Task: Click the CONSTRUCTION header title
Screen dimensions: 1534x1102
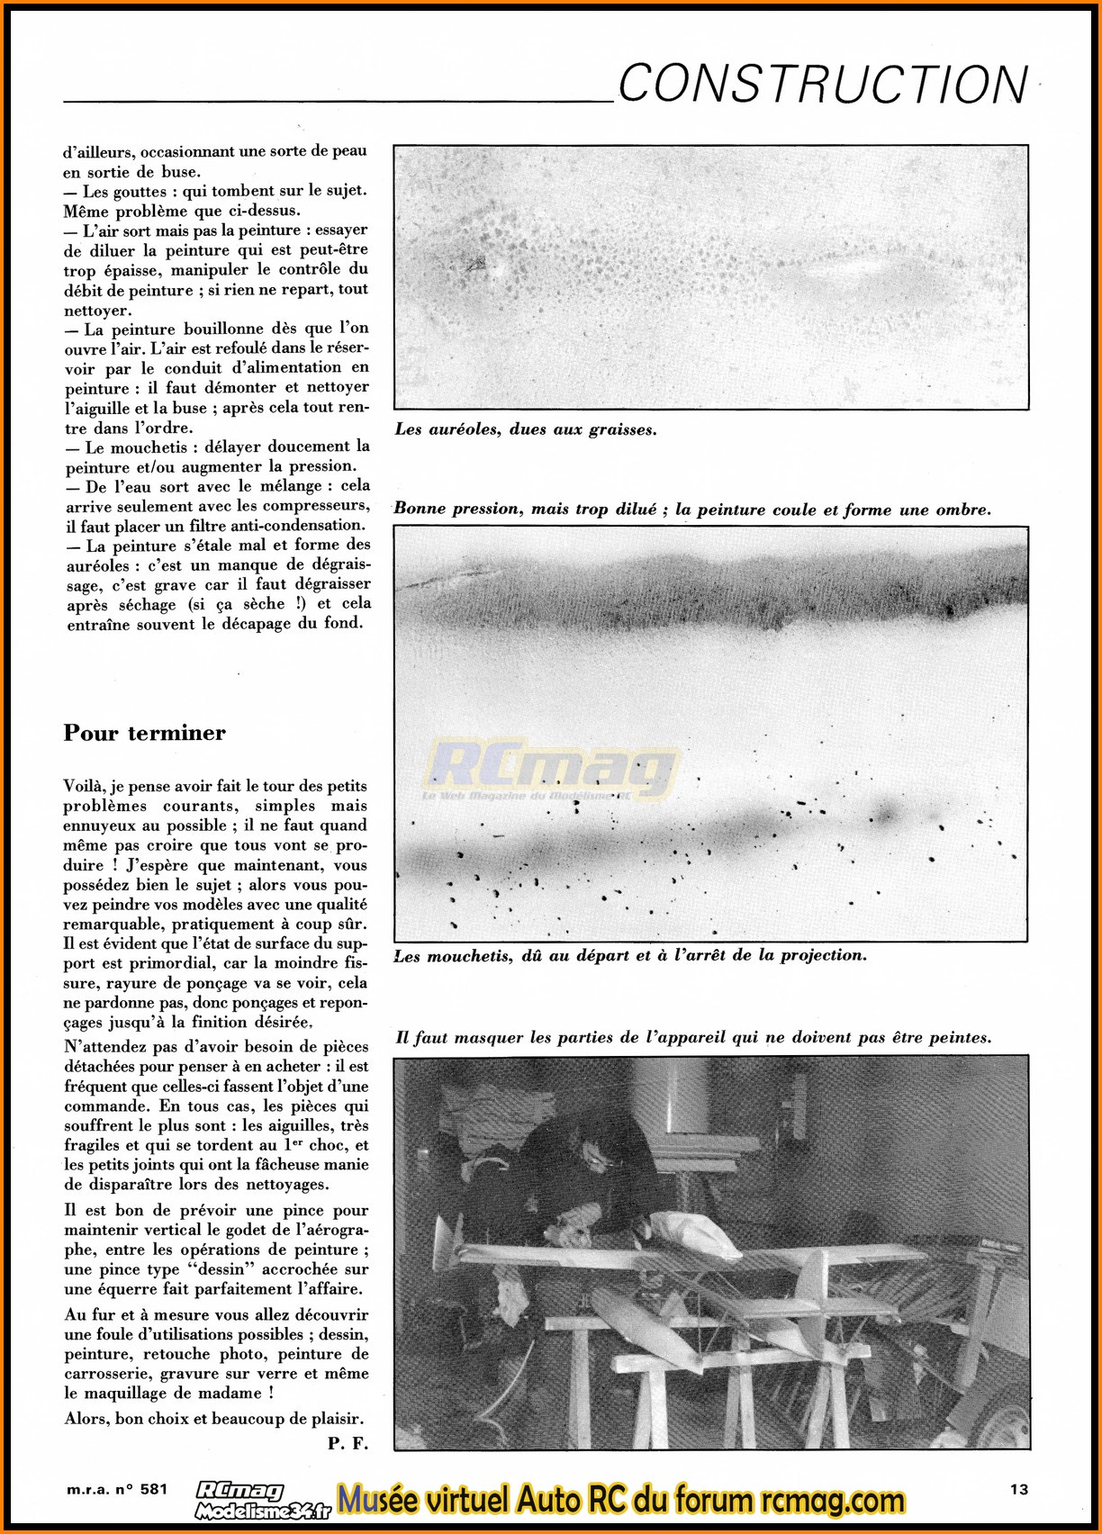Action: tap(822, 86)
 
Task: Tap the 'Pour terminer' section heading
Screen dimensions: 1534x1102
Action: tap(144, 733)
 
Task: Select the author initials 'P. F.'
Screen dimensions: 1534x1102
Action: tap(348, 1443)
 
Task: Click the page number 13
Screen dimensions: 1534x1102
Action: tap(1018, 1489)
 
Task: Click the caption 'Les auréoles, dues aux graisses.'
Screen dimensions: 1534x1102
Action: tap(526, 430)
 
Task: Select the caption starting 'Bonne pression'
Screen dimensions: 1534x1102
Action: tap(691, 510)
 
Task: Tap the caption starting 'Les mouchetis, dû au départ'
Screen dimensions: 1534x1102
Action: tap(630, 955)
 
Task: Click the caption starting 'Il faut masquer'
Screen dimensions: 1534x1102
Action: tap(693, 1038)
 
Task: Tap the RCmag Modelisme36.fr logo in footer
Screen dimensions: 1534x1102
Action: tap(263, 1501)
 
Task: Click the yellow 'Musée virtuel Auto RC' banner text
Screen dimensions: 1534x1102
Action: tap(621, 1501)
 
